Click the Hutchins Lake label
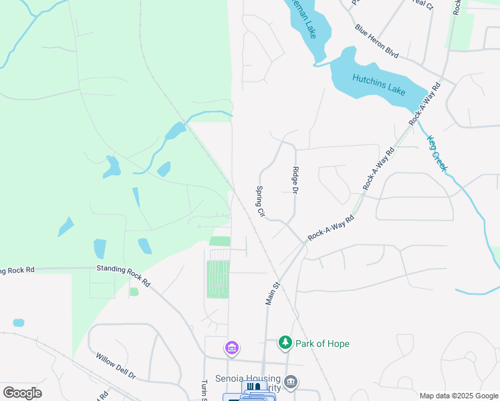[x=380, y=84]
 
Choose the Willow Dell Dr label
[x=115, y=366]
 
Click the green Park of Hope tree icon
[x=285, y=343]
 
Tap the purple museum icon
[x=232, y=348]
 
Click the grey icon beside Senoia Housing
[x=291, y=382]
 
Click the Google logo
[x=22, y=393]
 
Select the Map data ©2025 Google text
[x=458, y=396]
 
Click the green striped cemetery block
[x=218, y=279]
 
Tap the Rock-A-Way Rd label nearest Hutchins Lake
[x=426, y=104]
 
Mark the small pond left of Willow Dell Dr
[x=19, y=323]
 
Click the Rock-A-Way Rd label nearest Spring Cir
[x=330, y=228]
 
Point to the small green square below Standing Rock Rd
[x=134, y=292]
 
